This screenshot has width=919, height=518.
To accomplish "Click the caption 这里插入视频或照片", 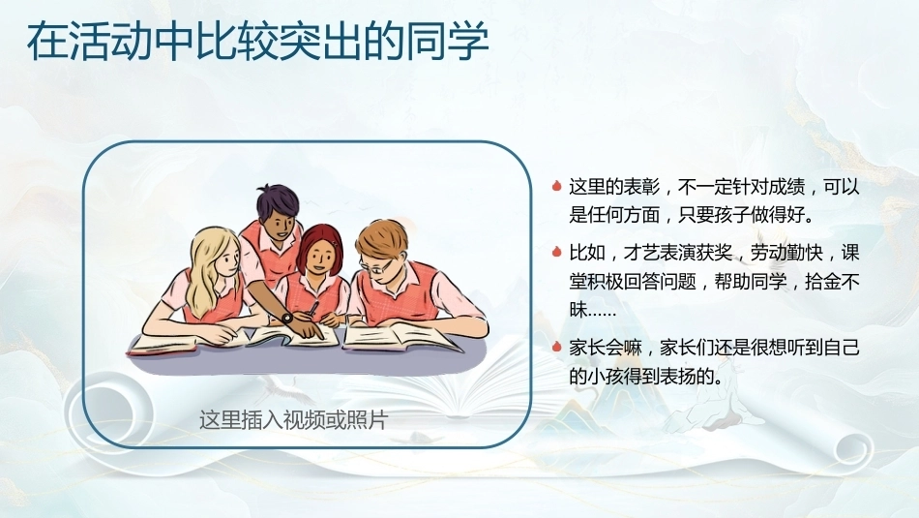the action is [x=293, y=420].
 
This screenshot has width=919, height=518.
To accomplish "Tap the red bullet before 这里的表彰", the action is [x=557, y=187].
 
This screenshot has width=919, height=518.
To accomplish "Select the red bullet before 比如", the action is [x=557, y=253].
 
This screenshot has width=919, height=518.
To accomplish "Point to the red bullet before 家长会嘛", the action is [x=557, y=347].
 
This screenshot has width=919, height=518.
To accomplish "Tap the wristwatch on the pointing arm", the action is [x=286, y=318].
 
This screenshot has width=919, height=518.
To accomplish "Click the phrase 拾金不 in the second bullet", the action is [x=832, y=282].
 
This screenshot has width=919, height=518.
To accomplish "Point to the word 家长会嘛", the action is [x=606, y=348].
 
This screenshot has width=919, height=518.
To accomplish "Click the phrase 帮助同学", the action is [x=751, y=282].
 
